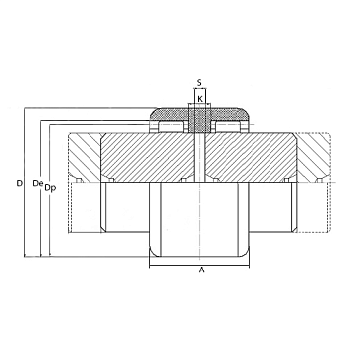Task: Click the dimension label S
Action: click(199, 82)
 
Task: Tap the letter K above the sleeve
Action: click(200, 98)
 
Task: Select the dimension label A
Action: click(201, 270)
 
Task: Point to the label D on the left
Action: click(20, 183)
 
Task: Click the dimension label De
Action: click(38, 183)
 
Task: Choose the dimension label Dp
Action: click(50, 188)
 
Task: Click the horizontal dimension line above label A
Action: click(199, 266)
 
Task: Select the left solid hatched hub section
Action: click(147, 157)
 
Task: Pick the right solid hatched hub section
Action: click(251, 157)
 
